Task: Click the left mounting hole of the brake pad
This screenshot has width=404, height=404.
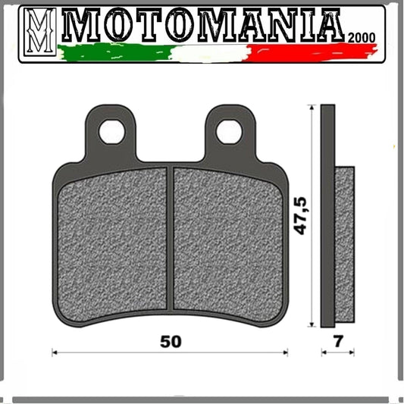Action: click(x=112, y=132)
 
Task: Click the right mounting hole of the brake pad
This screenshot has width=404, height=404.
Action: click(x=229, y=132)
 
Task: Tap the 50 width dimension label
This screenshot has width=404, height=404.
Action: click(x=171, y=342)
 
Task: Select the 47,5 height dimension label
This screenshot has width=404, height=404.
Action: click(x=300, y=216)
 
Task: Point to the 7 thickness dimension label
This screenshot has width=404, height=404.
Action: click(x=338, y=341)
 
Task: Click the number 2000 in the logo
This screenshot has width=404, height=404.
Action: click(x=362, y=38)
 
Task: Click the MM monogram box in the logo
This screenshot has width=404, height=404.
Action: click(x=40, y=32)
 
